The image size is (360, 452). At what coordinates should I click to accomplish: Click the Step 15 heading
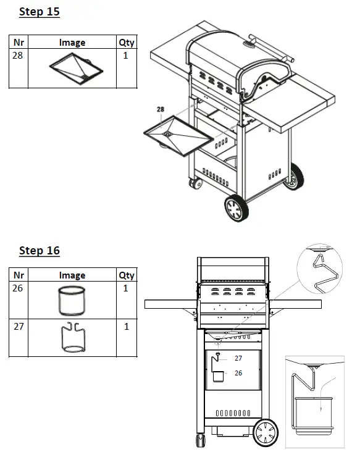pyautogui.click(x=40, y=12)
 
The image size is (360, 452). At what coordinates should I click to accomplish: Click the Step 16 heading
pyautogui.click(x=40, y=250)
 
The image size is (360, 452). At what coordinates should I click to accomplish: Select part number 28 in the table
pyautogui.click(x=19, y=56)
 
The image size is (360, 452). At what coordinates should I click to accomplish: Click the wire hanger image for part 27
pyautogui.click(x=72, y=338)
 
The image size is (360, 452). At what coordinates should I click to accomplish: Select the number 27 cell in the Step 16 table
pyautogui.click(x=19, y=326)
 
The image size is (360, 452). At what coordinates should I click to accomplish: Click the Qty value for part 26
pyautogui.click(x=126, y=288)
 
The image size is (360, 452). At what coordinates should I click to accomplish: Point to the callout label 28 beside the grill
pyautogui.click(x=161, y=109)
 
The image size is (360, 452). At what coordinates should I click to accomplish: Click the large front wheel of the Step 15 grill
pyautogui.click(x=237, y=208)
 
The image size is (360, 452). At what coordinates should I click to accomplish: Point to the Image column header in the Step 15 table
pyautogui.click(x=72, y=43)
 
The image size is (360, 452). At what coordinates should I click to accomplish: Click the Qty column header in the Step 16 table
pyautogui.click(x=126, y=275)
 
